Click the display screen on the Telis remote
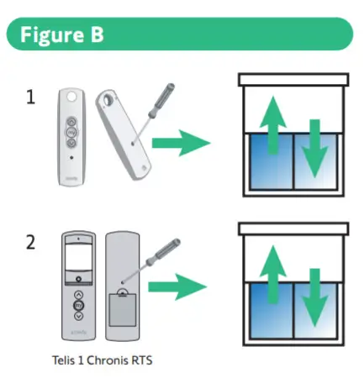tap(78, 255)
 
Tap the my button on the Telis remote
tap(78, 306)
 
